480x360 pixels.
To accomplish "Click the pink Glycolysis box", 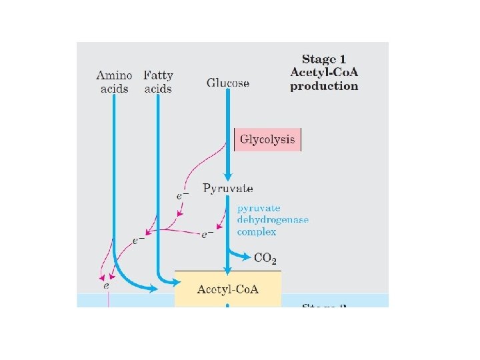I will pos(268,140).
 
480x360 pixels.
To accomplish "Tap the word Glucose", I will pos(228,83).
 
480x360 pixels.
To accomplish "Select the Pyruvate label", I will pos(228,189).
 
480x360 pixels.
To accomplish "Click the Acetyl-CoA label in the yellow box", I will pos(228,289).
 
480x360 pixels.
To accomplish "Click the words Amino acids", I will pos(114,82).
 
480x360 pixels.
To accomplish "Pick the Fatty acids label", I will pos(158,82).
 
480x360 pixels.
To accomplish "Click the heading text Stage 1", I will pos(325,59).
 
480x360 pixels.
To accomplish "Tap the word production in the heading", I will pos(325,86).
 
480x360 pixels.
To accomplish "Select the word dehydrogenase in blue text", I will pos(273,219).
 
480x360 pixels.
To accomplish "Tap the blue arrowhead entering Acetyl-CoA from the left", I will pos(153,289).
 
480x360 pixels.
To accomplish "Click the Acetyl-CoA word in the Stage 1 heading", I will pos(325,73).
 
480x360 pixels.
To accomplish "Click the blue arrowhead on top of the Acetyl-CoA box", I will pos(228,270).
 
